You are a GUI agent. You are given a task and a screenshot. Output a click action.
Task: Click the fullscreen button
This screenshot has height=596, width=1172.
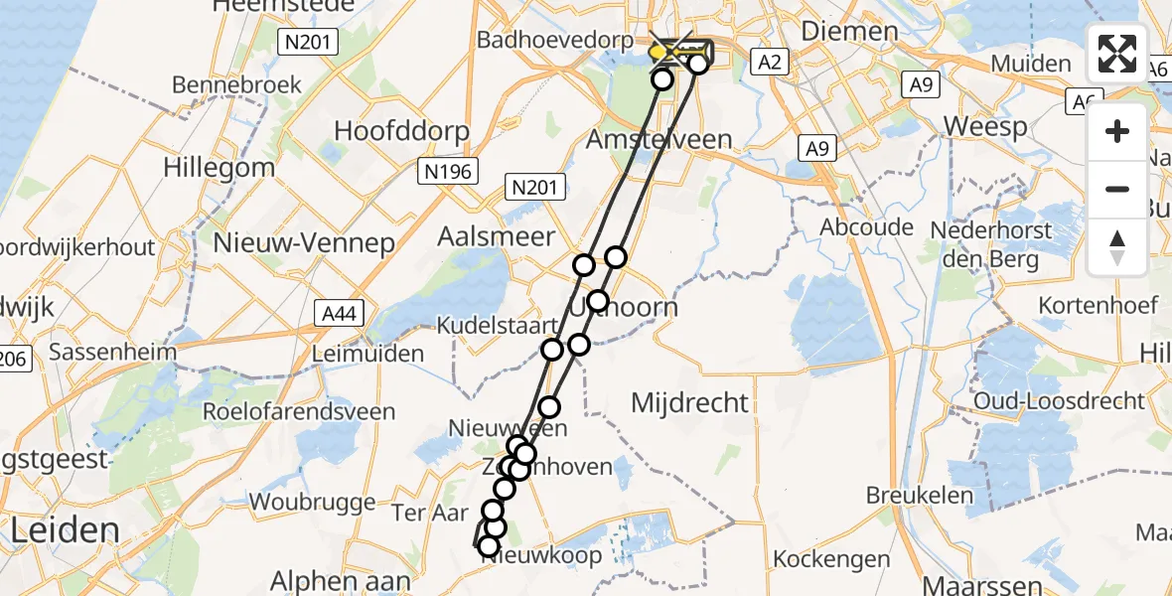(1117, 54)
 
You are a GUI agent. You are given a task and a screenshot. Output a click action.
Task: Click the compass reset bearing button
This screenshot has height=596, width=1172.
(1117, 247)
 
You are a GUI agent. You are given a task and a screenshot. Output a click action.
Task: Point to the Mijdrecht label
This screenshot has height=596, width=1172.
(690, 402)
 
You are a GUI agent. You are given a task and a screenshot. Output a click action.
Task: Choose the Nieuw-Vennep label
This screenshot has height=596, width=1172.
(304, 242)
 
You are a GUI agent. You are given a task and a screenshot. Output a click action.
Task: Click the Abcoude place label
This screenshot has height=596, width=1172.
(866, 227)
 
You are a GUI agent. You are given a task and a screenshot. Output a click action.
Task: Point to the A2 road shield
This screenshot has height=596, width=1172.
(770, 64)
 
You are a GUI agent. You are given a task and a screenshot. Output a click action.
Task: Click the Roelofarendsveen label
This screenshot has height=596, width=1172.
(298, 411)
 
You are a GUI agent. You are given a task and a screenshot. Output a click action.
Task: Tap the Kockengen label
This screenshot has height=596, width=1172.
(831, 559)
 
